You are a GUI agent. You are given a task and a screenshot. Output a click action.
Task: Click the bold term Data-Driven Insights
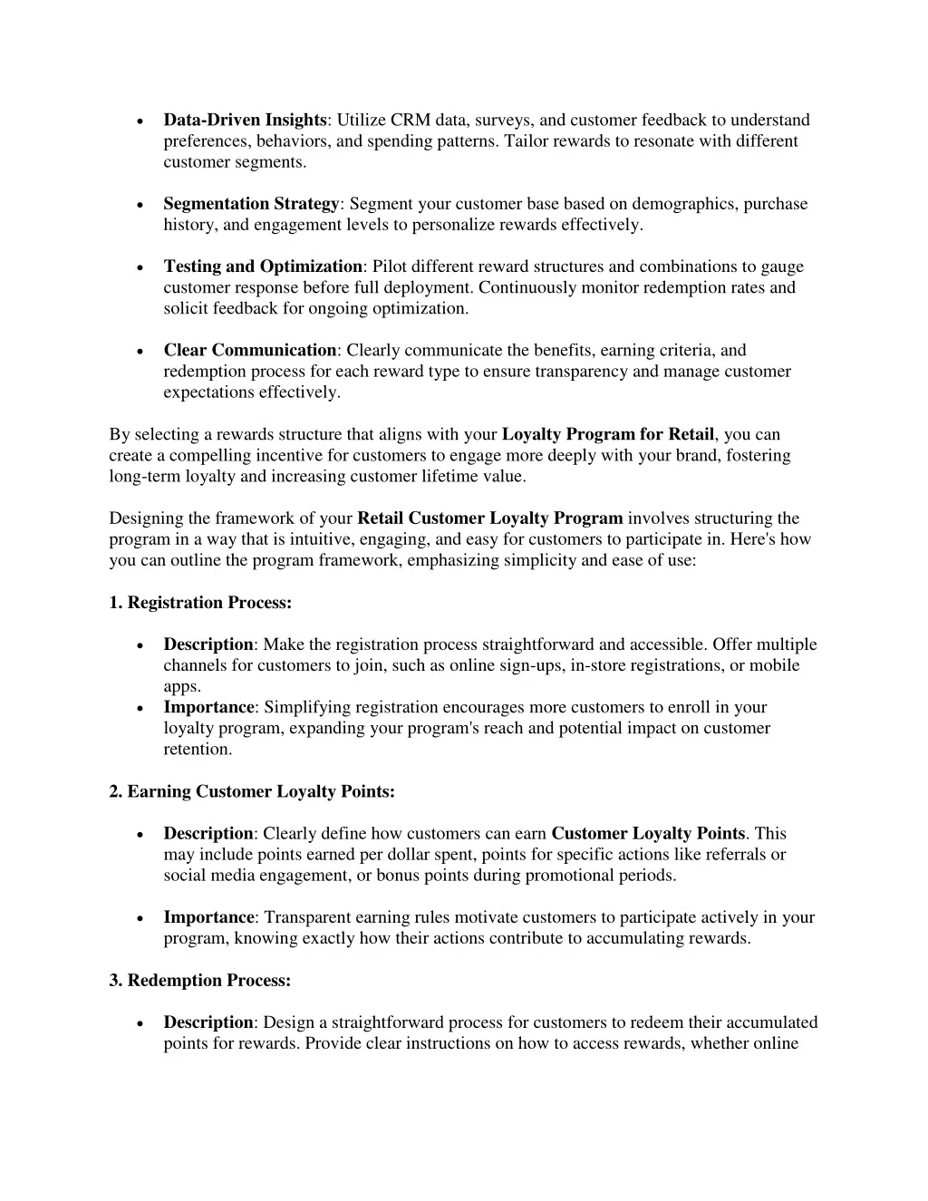pos(245,121)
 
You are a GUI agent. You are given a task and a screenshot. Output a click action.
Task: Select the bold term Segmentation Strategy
pos(251,204)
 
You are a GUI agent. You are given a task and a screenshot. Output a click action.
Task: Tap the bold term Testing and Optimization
pos(263,266)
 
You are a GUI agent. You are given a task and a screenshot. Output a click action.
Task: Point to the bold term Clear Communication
pos(250,351)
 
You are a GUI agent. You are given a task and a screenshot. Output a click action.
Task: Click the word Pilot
pos(391,266)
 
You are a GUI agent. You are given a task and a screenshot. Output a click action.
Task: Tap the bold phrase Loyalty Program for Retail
pos(608,435)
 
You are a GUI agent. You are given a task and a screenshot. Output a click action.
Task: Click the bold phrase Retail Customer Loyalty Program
pos(490,518)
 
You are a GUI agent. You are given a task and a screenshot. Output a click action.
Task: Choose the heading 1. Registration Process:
pos(200,603)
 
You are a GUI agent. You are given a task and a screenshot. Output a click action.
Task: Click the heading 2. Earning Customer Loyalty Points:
pos(252,792)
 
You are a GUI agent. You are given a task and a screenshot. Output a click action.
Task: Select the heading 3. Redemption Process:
pos(200,981)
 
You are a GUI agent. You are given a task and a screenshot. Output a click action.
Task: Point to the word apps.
pos(181,687)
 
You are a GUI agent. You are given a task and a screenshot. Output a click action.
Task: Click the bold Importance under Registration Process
pos(208,708)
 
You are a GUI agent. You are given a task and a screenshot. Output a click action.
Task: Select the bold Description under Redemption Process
pos(208,1022)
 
